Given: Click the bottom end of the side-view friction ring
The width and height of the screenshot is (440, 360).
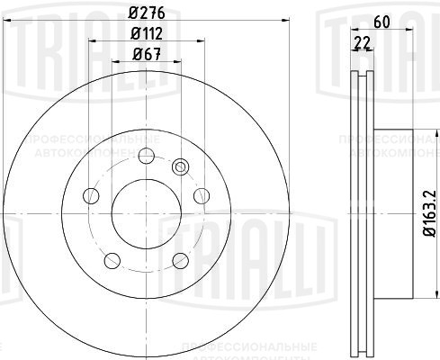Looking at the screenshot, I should click(359, 346).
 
